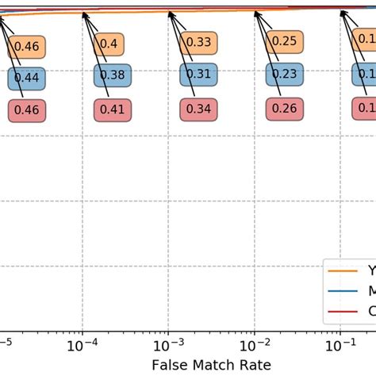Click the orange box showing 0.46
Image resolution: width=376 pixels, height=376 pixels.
click(27, 47)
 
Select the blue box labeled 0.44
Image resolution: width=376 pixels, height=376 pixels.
click(27, 78)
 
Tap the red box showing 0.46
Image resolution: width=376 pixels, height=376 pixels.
click(27, 110)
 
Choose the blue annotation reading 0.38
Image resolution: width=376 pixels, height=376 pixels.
click(112, 75)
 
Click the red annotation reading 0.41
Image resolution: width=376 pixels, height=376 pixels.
click(112, 109)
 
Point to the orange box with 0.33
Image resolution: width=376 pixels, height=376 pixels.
click(198, 42)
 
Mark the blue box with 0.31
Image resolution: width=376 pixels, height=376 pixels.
click(198, 75)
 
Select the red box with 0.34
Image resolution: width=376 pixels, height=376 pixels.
click(198, 108)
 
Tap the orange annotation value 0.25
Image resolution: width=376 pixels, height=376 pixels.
click(284, 41)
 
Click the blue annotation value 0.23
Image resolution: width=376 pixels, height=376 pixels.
click(284, 74)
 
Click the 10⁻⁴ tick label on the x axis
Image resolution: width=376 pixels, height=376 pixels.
click(82, 346)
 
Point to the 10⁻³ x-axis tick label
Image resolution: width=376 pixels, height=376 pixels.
click(168, 346)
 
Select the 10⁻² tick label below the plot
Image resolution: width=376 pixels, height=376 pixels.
click(254, 346)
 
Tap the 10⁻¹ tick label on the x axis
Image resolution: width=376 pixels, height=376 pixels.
click(340, 346)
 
